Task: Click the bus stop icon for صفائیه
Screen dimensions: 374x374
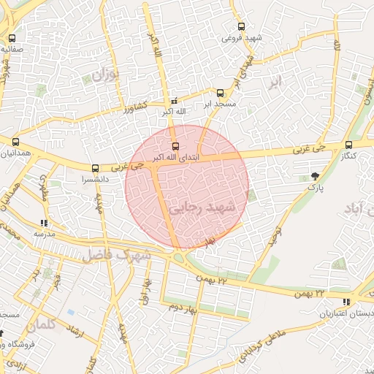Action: coord(12,38)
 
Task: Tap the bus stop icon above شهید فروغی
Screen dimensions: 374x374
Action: coord(242,27)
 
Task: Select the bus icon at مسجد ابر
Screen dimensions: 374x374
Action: coord(221,93)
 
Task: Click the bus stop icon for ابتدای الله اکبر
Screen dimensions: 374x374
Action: coord(174,146)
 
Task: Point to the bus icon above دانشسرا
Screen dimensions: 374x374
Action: coord(95,168)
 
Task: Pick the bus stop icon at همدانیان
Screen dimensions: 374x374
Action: coord(16,142)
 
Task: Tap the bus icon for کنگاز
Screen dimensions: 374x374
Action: coord(348,145)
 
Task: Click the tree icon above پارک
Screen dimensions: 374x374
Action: coord(315,176)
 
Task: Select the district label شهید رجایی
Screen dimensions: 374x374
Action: coord(204,207)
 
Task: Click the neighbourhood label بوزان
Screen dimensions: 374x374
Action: coord(105,75)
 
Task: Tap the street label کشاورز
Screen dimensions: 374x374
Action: coord(134,107)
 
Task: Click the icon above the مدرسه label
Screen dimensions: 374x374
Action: coord(45,223)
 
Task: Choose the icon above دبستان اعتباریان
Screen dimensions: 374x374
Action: coord(346,302)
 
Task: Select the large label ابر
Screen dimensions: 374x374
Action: coord(274,81)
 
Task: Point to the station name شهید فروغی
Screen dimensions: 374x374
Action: coord(242,38)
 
